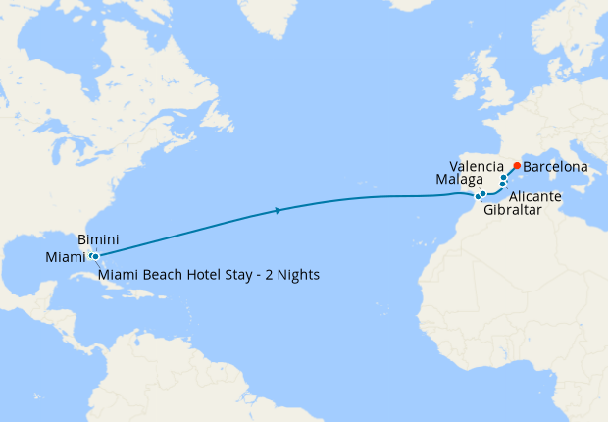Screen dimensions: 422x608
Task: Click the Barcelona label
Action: coord(556,168)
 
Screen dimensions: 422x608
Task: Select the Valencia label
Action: coord(476,166)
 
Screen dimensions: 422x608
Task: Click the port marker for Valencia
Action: coord(504,178)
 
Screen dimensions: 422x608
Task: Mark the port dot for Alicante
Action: coord(503,185)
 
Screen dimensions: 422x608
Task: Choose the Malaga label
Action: coord(459,180)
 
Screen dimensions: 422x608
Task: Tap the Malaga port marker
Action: coord(483,194)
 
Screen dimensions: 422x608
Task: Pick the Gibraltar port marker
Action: coord(478,197)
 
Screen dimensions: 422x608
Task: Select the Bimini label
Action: coord(98,239)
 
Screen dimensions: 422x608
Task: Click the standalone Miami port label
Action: coord(65,257)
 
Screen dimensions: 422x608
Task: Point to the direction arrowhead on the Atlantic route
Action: coord(279,210)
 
